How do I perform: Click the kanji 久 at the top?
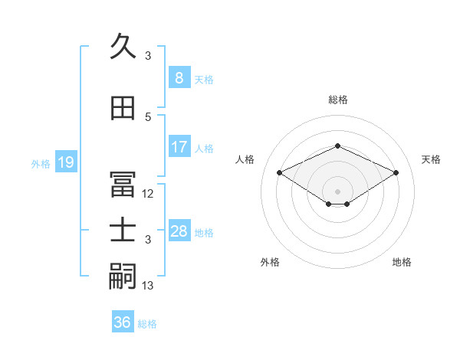coord(123,47)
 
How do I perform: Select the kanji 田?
coord(123,109)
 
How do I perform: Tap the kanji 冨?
coord(123,185)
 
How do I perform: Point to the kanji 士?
coord(123,231)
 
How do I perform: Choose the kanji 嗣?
coord(123,276)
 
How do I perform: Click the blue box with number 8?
coord(179,78)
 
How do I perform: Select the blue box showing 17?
coord(179,147)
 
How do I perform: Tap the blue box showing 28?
coord(179,231)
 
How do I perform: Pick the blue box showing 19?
coord(65,162)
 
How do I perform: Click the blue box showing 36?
coord(123,322)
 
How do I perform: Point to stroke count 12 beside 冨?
coord(148,194)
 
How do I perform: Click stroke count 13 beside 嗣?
coord(148,286)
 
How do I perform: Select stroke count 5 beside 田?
coord(148,117)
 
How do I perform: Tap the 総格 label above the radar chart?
coord(337,100)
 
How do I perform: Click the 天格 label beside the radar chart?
coord(431,159)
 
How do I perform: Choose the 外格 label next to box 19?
coord(41,163)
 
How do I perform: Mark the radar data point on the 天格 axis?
coord(396,173)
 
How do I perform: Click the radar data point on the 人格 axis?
coord(279,173)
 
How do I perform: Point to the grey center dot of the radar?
coord(337,191)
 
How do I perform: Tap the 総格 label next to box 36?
coord(147,324)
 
